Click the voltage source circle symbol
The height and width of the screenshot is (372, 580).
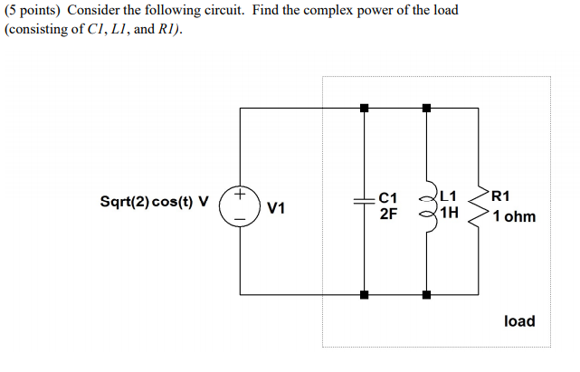240,205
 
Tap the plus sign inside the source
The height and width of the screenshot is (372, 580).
240,194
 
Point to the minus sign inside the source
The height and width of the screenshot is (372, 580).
240,218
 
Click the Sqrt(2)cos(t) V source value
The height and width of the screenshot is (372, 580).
153,201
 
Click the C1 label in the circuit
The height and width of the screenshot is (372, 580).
387,196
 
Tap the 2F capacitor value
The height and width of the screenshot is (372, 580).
386,215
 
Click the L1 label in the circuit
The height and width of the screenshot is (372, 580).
450,196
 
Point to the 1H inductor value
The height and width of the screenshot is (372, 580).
450,215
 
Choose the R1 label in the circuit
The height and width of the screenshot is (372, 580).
501,195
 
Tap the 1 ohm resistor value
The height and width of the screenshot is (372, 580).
514,216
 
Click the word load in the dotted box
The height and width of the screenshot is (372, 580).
518,321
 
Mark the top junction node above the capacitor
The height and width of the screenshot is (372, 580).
364,108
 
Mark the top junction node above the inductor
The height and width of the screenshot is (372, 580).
426,108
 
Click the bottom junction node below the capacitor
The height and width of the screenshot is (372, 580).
364,294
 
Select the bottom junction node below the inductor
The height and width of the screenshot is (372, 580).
426,294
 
